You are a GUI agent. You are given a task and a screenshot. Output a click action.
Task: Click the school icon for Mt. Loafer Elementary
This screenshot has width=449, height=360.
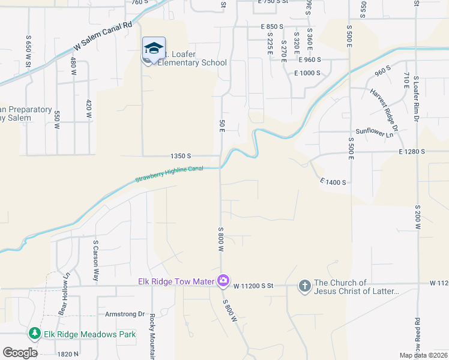pos(154,48)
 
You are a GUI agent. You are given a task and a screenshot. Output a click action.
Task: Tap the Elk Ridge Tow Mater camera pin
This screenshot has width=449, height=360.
pos(223,280)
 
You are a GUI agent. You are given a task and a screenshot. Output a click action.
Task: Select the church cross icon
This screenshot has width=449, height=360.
pos(305,286)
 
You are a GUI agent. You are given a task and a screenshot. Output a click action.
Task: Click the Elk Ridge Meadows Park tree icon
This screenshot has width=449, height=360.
pos(35,334)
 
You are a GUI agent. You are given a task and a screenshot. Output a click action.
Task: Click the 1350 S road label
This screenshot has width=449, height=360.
pos(180,155)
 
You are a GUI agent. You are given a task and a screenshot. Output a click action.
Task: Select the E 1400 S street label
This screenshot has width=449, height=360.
pos(333,181)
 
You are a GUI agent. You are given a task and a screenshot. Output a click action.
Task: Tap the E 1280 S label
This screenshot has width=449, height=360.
pos(411,152)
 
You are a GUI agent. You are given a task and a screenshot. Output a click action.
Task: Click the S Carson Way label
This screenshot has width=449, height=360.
pos(95,261)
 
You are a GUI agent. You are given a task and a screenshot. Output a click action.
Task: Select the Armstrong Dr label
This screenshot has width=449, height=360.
pos(125,314)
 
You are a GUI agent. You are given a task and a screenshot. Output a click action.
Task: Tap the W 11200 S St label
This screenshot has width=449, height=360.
pos(253,286)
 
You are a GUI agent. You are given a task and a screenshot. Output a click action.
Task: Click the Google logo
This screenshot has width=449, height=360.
pos(20,353)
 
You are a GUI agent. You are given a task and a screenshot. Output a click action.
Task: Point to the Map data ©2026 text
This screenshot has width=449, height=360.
pos(423,355)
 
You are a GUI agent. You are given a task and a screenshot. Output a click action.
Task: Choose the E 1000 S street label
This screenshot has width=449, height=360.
pos(307,73)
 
